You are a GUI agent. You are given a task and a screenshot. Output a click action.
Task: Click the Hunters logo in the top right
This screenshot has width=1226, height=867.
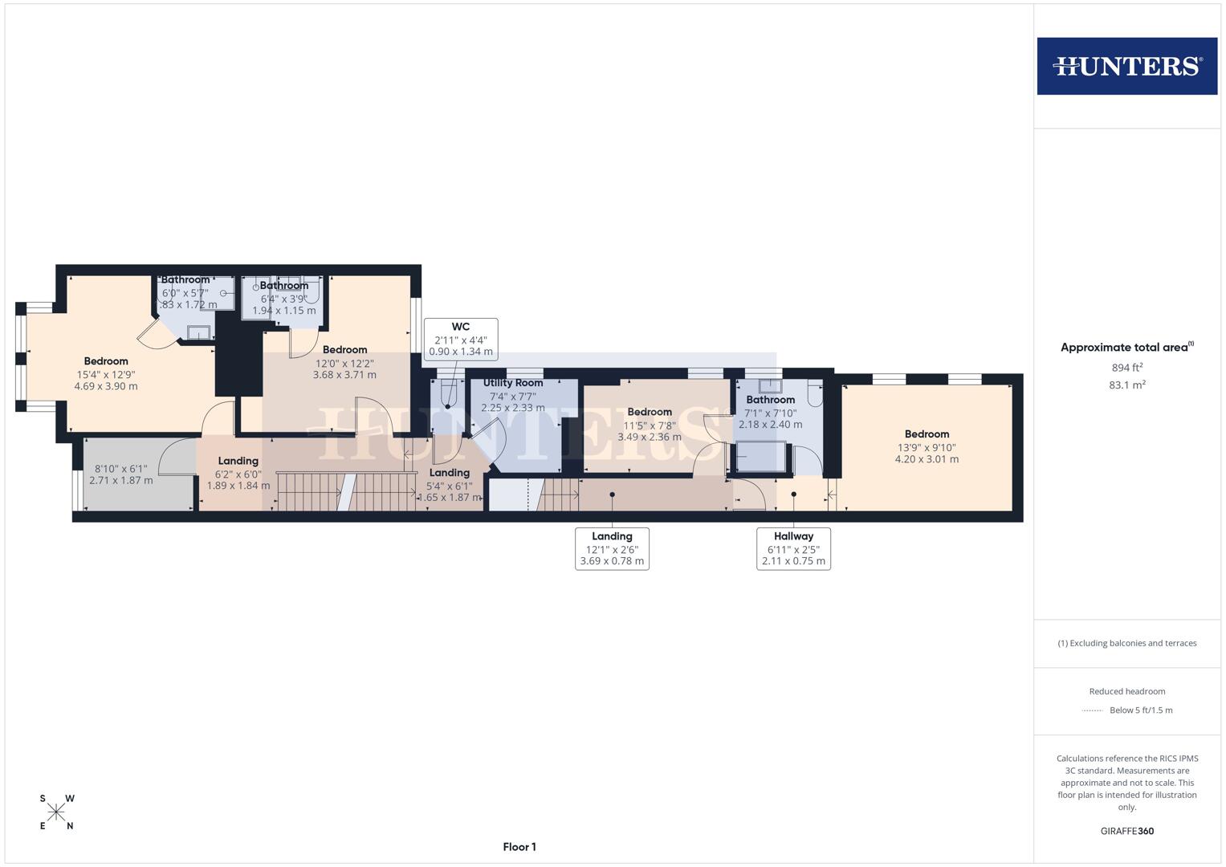click(1126, 66)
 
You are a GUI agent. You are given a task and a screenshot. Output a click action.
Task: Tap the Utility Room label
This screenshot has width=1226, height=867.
click(513, 383)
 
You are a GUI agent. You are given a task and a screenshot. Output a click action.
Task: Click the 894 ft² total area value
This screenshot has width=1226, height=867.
click(1126, 368)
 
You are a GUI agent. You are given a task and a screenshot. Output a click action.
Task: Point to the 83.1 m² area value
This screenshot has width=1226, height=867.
click(1126, 385)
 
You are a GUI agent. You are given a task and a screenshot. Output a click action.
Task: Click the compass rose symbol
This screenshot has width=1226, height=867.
click(56, 812)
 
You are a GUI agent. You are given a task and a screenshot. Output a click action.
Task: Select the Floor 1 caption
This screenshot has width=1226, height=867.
click(519, 847)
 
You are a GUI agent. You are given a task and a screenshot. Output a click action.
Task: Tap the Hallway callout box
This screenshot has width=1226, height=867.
click(793, 548)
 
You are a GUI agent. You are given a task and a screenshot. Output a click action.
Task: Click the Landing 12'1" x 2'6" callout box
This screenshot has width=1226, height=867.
click(612, 548)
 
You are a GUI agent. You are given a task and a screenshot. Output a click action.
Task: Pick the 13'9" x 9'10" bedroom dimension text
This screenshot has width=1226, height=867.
click(927, 448)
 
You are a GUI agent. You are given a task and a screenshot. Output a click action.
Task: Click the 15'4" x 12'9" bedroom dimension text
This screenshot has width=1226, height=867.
click(106, 374)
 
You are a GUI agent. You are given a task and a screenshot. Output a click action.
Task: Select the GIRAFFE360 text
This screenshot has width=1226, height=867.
click(1126, 831)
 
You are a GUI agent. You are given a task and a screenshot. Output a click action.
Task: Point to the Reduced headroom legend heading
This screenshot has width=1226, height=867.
click(1126, 691)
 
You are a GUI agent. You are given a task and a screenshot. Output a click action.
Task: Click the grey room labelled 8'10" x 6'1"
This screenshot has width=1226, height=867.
click(121, 474)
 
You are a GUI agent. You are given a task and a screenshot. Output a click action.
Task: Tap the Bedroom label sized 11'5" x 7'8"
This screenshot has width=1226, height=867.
click(649, 412)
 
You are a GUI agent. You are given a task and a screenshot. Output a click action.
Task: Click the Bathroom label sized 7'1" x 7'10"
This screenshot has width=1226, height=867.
click(770, 400)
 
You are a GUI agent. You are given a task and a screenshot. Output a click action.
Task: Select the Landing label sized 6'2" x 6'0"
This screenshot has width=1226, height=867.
click(238, 461)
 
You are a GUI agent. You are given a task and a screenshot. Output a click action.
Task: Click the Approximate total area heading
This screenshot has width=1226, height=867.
click(1126, 348)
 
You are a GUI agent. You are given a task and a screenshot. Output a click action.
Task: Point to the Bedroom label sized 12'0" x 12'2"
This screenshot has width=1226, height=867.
click(344, 350)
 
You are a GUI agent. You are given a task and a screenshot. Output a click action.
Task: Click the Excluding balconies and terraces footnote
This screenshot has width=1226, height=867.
click(1126, 643)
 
